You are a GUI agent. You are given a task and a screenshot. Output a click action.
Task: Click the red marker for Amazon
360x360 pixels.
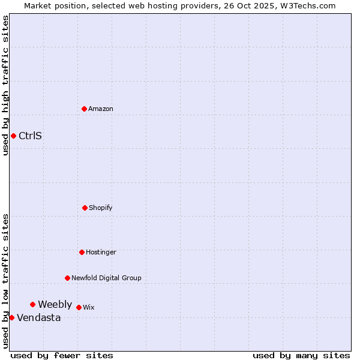(x=84, y=109)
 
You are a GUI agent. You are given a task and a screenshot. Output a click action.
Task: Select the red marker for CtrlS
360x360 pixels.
(x=13, y=136)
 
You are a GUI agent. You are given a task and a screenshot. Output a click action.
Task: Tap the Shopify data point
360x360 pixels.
(x=85, y=208)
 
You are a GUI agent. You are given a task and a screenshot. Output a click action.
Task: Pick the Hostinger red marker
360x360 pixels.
(x=82, y=252)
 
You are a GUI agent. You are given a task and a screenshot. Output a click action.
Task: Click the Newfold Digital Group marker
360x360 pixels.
(x=67, y=278)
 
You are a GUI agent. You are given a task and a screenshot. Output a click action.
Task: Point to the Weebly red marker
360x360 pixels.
(x=32, y=304)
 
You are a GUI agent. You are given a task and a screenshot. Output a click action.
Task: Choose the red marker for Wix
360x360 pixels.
(x=79, y=307)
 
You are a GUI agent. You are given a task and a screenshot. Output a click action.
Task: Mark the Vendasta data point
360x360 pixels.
(x=11, y=317)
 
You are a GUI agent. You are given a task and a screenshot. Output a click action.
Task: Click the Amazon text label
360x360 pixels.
(x=101, y=109)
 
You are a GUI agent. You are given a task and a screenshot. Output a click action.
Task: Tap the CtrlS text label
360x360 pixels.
(x=30, y=136)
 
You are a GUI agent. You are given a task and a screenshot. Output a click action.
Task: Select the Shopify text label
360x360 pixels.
(x=101, y=208)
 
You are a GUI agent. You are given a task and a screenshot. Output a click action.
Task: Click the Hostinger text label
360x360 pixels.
(x=101, y=252)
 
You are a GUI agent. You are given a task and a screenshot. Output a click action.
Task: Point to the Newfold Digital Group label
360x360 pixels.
(x=106, y=278)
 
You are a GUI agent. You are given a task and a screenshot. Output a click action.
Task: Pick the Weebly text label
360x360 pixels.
(x=55, y=304)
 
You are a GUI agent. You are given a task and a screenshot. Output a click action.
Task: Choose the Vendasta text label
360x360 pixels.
(x=38, y=317)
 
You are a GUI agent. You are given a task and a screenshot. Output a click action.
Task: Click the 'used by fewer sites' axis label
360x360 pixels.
(x=62, y=355)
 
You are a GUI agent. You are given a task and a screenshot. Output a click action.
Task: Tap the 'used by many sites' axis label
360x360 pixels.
(x=301, y=355)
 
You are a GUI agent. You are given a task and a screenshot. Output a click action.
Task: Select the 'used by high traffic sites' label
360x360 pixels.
(x=5, y=85)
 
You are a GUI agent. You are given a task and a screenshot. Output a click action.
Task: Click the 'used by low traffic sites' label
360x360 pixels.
(x=5, y=281)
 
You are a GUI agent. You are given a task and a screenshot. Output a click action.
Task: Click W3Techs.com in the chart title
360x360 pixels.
(x=306, y=5)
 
